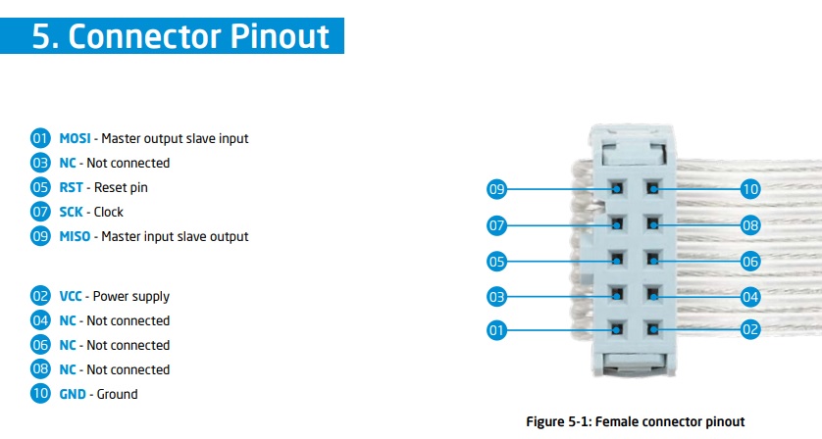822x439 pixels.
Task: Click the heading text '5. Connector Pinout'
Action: click(x=180, y=36)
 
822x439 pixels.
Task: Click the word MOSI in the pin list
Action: click(x=75, y=138)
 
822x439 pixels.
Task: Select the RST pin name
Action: click(x=71, y=187)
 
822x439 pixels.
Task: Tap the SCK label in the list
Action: click(x=71, y=213)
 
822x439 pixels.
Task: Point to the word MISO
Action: click(x=75, y=236)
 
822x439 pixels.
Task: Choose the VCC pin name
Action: click(x=71, y=296)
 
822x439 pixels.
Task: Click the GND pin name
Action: click(x=73, y=394)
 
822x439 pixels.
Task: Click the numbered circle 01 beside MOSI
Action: click(x=40, y=138)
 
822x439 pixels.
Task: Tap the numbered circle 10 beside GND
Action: click(x=40, y=393)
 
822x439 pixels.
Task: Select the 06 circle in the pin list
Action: click(x=40, y=345)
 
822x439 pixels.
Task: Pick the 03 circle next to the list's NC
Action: click(x=40, y=163)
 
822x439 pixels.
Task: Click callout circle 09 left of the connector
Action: click(x=496, y=189)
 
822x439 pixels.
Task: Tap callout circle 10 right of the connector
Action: click(x=750, y=189)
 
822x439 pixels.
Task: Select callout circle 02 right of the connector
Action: click(x=750, y=329)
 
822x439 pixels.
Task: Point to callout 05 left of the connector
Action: click(x=496, y=262)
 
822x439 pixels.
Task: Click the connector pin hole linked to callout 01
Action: click(x=617, y=329)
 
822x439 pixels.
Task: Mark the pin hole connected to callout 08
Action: click(x=652, y=224)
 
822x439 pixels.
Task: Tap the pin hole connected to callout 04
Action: click(x=652, y=295)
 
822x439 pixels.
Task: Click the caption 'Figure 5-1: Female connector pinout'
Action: click(x=636, y=421)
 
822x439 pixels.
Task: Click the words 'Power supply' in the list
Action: click(x=131, y=297)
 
